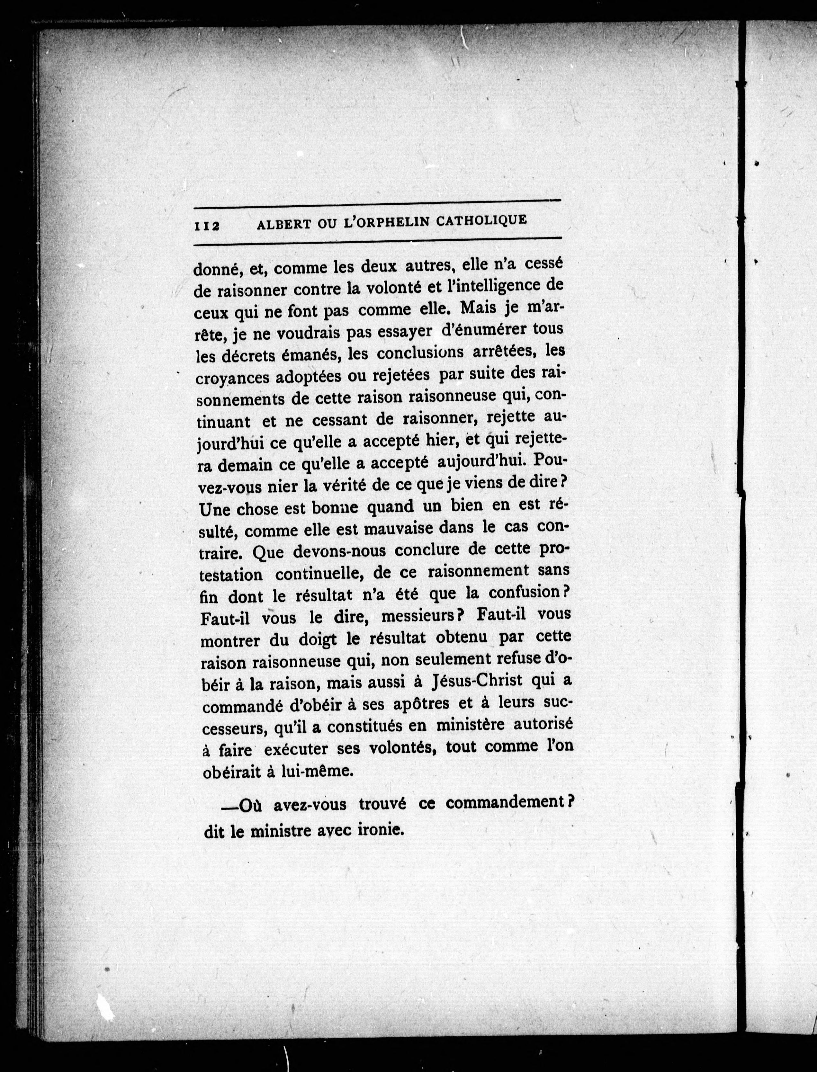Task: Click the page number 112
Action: pos(207,226)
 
